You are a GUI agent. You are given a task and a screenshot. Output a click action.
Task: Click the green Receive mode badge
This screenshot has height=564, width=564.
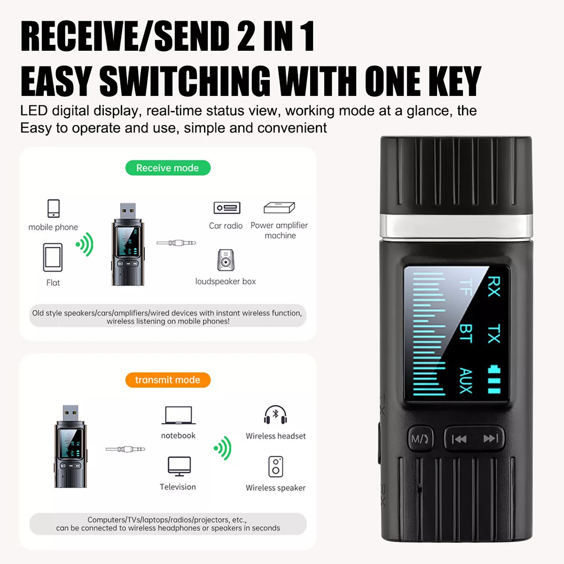pos(168,168)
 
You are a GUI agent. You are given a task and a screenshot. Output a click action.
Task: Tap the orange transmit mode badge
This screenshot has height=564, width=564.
pos(168,380)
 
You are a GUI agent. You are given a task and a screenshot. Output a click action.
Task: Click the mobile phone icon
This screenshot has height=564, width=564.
pos(54,208)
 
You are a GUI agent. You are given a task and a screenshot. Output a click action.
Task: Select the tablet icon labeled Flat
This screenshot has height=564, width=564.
pos(53,257)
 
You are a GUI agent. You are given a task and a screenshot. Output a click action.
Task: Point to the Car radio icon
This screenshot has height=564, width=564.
pos(227,208)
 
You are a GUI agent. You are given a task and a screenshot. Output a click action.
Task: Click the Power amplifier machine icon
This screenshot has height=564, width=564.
pos(279,208)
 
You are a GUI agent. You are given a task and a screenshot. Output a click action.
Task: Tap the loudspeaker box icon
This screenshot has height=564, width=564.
pos(226,260)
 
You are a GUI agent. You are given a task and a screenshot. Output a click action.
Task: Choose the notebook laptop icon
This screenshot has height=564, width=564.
pos(179,415)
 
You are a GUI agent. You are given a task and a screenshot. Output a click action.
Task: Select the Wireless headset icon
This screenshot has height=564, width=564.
pos(275,415)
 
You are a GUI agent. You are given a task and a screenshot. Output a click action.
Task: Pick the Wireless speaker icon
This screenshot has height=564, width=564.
pos(276,467)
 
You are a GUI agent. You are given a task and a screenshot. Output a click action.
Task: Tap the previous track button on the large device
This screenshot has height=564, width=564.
pos(459,439)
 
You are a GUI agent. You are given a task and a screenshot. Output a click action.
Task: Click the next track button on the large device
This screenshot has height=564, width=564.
pos(491,438)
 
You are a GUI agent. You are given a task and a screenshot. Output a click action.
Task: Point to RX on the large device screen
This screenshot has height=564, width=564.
pos(493,286)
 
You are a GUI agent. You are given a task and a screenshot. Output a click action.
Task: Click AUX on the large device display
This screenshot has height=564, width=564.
pos(466,381)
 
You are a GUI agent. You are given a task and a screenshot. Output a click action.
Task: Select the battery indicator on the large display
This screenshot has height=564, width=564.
pos(494,380)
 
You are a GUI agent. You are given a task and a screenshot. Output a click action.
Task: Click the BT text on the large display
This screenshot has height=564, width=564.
pos(466,333)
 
